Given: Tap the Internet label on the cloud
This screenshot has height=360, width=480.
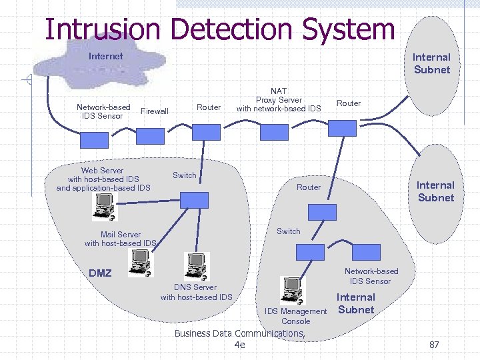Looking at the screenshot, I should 105,56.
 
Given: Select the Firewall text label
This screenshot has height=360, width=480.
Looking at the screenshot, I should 155,111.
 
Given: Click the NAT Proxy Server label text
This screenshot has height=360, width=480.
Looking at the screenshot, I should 279,99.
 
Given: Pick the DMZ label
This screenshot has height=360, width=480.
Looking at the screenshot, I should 100,273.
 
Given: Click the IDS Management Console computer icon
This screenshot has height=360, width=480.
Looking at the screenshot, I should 293,289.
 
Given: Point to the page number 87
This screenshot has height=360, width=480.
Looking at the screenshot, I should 434,345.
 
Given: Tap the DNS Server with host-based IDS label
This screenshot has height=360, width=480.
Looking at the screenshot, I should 196,292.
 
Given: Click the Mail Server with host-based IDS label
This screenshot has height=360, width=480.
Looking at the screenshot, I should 121,239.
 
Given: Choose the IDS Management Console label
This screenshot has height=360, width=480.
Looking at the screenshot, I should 295,316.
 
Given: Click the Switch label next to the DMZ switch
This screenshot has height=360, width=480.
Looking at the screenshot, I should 184,175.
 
